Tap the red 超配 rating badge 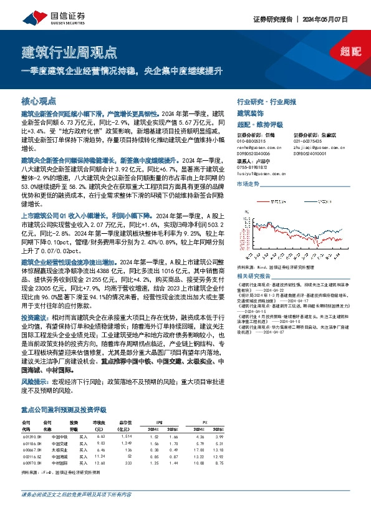coord(352,51)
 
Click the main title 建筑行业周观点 coord(69,51)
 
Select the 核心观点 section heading coord(39,100)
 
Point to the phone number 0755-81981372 coord(256,167)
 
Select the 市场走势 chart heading coord(247,185)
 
